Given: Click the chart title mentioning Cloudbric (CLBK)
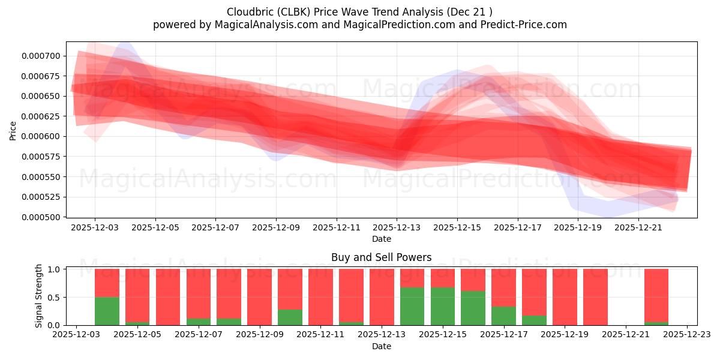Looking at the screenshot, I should [360, 12].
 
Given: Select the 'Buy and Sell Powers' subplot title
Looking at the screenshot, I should [381, 257].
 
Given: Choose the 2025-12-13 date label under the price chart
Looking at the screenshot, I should [397, 228].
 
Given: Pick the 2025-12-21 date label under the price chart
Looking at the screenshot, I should [638, 228].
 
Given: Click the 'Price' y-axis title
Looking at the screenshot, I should [13, 130].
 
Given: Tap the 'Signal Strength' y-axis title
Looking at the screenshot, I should [39, 296].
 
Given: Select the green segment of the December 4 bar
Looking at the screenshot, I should [107, 311].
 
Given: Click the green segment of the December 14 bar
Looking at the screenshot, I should [412, 306].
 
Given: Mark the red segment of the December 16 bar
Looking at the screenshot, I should [473, 280].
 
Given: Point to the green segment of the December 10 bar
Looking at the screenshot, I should [290, 317].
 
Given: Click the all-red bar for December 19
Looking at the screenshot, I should [565, 297].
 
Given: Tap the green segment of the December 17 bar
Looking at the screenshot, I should [503, 316].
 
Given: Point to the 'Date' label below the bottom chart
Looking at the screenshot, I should [381, 346].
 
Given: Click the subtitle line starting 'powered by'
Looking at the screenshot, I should [360, 25].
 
